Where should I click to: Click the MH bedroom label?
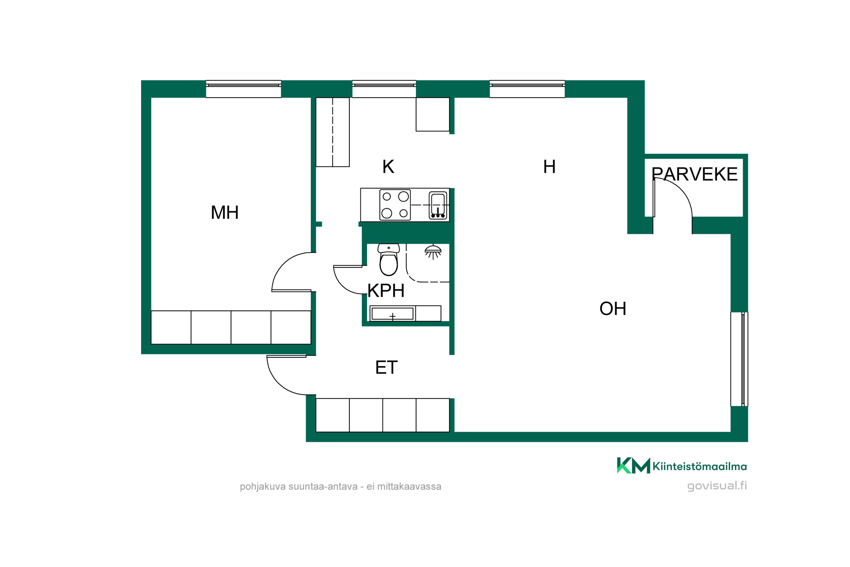click(x=224, y=213)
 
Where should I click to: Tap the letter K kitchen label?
click(x=388, y=167)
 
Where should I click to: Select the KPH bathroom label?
click(x=386, y=290)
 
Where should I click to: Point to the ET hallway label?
click(x=386, y=367)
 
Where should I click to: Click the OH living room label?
click(x=613, y=309)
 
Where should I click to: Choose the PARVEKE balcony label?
click(x=694, y=174)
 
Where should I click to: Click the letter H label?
click(x=549, y=167)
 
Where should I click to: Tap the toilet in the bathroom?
click(x=388, y=259)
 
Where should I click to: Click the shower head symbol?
click(x=433, y=252)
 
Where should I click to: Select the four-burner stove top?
click(x=395, y=205)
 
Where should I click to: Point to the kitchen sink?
click(x=438, y=205)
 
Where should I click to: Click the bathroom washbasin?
click(x=392, y=314)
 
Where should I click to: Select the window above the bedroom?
click(x=244, y=89)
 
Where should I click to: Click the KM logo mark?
click(x=633, y=466)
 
